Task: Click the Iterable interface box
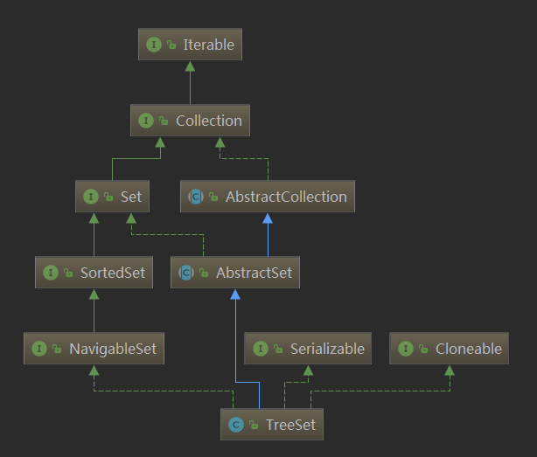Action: pos(190,45)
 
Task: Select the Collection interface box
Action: pos(190,121)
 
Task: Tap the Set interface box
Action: pos(112,197)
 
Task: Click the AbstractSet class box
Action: pos(236,273)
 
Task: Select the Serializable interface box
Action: pos(308,349)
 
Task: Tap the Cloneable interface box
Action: pos(450,349)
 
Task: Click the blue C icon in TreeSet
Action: pos(235,425)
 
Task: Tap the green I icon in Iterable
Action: pos(153,45)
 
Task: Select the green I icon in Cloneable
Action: pos(405,349)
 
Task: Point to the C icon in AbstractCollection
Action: pos(197,197)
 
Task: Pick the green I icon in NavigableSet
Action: pos(38,349)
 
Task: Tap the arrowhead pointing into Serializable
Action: pos(308,370)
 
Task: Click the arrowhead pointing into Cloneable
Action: pos(450,370)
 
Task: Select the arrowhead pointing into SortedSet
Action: pos(94,294)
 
